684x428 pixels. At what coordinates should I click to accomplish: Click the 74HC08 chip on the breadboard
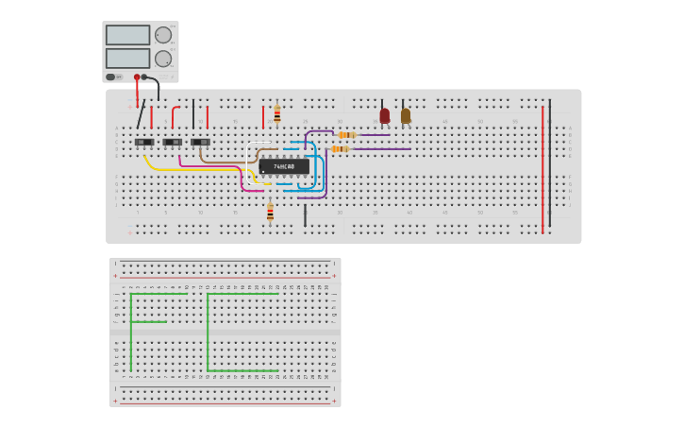tap(283, 166)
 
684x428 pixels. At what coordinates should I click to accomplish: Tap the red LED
tap(384, 115)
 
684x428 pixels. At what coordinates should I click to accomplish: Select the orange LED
tap(406, 115)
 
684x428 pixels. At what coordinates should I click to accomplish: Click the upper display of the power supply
tap(127, 35)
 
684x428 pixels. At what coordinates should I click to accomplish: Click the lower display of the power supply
tap(127, 58)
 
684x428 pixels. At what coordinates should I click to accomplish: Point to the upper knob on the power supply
tap(163, 35)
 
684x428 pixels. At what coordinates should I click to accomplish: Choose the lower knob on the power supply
tap(163, 59)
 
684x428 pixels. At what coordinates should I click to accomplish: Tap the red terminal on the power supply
tap(137, 77)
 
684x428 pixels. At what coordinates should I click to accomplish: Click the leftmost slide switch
tap(144, 142)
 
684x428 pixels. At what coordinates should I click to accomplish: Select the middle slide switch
tap(173, 142)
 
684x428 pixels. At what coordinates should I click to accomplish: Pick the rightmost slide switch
tap(200, 142)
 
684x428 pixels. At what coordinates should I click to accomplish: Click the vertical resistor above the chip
tap(276, 114)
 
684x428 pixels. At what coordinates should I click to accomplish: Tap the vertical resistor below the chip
tap(270, 213)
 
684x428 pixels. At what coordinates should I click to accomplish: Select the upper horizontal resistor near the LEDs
tap(347, 134)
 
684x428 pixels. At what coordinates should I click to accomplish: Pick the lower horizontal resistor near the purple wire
tap(340, 148)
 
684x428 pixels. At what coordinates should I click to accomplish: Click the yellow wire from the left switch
tap(189, 170)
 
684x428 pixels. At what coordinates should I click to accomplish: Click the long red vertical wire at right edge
tap(542, 170)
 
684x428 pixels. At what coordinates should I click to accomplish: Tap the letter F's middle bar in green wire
tap(149, 322)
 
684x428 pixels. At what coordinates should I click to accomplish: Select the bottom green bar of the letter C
tap(242, 370)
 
